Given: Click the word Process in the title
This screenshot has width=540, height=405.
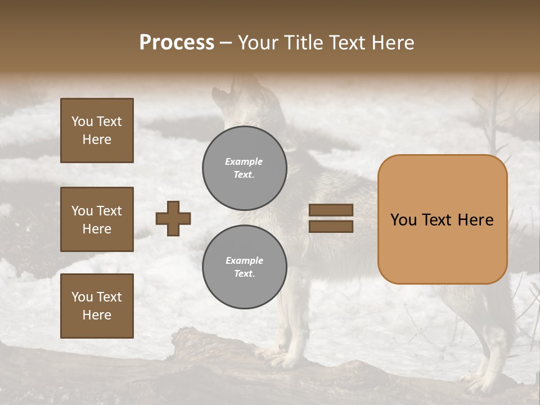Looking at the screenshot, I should (177, 43).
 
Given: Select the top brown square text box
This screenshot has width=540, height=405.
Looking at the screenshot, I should (97, 130).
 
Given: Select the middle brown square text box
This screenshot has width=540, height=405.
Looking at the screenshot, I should (97, 219).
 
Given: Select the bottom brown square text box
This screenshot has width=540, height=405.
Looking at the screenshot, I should (97, 305).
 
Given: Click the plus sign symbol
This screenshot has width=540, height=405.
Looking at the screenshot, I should (173, 218).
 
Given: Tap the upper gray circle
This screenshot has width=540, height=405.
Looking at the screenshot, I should (245, 168).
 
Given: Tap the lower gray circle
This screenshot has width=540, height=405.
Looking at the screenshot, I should (245, 267).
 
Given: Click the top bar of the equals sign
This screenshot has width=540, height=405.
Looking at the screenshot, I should (331, 210).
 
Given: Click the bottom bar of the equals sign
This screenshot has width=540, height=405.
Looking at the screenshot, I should (331, 227).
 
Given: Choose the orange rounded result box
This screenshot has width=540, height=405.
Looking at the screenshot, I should (442, 219).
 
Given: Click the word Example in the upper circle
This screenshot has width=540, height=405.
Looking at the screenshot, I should (244, 162).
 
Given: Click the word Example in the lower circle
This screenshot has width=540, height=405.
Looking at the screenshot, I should (244, 260).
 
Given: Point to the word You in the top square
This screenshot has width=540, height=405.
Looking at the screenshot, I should (82, 121).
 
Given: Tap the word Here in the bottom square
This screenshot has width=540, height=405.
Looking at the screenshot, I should (97, 315).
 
